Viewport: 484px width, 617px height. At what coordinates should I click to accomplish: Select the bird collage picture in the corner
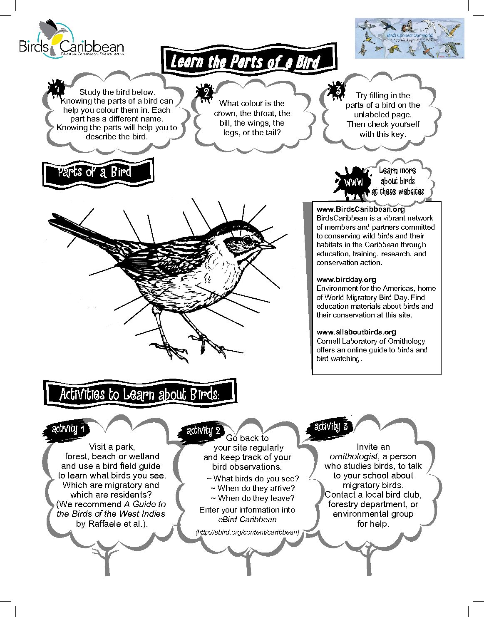pyautogui.click(x=409, y=38)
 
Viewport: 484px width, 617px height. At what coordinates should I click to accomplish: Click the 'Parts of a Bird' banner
pyautogui.click(x=98, y=172)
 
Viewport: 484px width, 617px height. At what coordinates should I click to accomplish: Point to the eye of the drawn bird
pyautogui.click(x=248, y=240)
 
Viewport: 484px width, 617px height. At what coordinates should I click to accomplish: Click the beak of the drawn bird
pyautogui.click(x=268, y=246)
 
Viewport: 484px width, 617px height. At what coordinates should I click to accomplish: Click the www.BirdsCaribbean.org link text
pyautogui.click(x=360, y=209)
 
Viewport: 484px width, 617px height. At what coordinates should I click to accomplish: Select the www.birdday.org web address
pyautogui.click(x=346, y=280)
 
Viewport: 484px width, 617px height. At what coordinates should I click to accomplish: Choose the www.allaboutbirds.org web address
pyautogui.click(x=356, y=332)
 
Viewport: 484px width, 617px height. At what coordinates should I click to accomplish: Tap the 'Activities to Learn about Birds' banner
pyautogui.click(x=139, y=394)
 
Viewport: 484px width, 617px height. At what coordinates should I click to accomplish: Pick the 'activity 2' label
pyautogui.click(x=203, y=431)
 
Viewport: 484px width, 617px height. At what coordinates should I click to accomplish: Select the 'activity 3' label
pyautogui.click(x=331, y=427)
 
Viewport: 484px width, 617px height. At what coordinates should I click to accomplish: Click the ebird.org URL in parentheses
pyautogui.click(x=247, y=532)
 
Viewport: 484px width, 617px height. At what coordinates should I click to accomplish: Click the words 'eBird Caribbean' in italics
pyautogui.click(x=247, y=519)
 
